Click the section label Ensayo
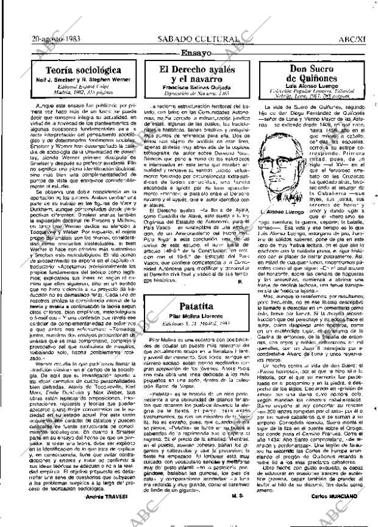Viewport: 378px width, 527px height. tap(196, 53)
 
